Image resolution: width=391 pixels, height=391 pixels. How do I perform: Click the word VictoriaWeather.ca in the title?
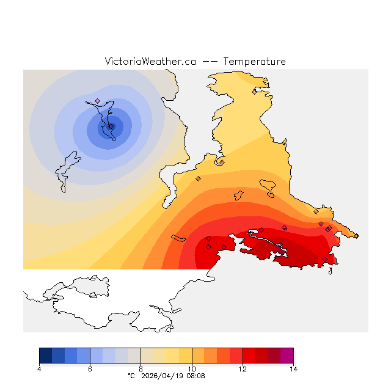[x=150, y=62]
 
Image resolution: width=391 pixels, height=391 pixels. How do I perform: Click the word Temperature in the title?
[x=254, y=62]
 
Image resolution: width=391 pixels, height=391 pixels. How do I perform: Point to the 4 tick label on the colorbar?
[x=39, y=368]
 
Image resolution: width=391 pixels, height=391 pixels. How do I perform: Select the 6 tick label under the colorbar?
[x=90, y=368]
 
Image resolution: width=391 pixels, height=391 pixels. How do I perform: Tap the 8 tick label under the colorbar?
[x=141, y=368]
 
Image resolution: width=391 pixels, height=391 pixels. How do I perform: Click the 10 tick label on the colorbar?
[x=192, y=368]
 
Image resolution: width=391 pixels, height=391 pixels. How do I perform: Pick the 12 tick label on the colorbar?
[x=243, y=368]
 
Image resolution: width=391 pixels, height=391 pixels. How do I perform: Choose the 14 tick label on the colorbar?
[x=293, y=368]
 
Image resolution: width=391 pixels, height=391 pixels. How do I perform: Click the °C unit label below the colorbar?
[x=131, y=376]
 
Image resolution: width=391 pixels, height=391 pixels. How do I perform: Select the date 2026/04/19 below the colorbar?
[x=162, y=376]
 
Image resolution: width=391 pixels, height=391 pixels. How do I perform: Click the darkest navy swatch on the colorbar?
[x=45, y=356]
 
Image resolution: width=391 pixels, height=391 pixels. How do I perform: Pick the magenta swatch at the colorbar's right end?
[x=287, y=356]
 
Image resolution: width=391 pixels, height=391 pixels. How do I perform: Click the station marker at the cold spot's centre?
[x=111, y=126]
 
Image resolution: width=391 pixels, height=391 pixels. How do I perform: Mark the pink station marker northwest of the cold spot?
[x=97, y=101]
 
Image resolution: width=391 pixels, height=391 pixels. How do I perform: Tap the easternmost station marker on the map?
[x=357, y=236]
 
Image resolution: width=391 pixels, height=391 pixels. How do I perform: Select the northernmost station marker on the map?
[x=254, y=92]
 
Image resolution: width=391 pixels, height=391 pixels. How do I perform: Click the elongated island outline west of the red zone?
[x=179, y=238]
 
